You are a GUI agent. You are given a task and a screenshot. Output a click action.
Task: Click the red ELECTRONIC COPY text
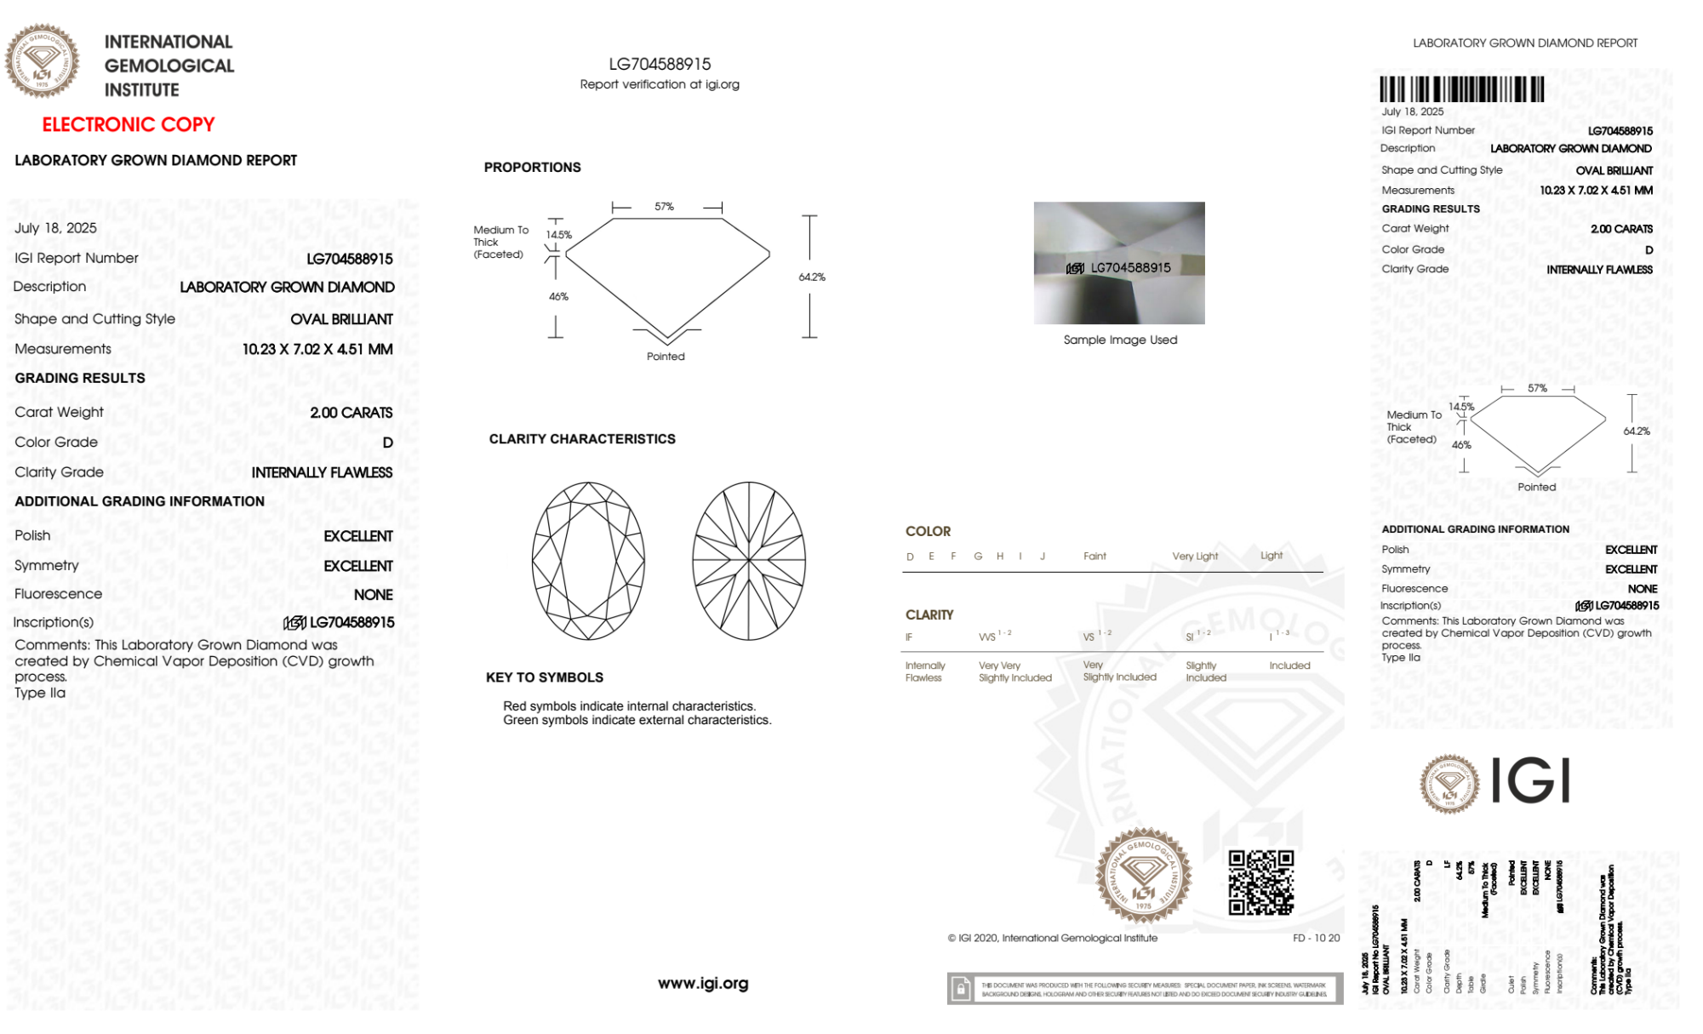tap(129, 125)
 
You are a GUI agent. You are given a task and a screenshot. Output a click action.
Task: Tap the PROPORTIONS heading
tap(532, 168)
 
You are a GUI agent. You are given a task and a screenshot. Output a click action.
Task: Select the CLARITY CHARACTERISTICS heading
tap(582, 439)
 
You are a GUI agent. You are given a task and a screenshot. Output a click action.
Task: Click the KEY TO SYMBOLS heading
tap(545, 677)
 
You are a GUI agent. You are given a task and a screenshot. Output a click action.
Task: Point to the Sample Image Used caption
tap(1120, 340)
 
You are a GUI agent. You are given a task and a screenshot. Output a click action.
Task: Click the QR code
tap(1260, 883)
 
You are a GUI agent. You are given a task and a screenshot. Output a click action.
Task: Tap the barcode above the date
tap(1461, 89)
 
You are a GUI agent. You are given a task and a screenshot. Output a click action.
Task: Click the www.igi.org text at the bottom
tap(703, 984)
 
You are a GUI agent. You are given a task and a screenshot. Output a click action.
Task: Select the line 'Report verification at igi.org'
tap(660, 84)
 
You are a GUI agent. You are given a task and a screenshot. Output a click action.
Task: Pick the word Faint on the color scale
tap(1094, 557)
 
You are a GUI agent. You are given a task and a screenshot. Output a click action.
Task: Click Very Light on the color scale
tap(1195, 557)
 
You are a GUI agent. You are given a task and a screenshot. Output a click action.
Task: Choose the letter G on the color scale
tap(978, 557)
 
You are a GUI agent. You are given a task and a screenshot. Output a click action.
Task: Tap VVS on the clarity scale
tap(987, 637)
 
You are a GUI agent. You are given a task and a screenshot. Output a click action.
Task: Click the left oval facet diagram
tap(588, 561)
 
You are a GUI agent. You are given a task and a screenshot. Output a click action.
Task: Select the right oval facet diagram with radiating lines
tap(749, 561)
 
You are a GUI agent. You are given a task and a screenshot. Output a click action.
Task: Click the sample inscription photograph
tap(1119, 263)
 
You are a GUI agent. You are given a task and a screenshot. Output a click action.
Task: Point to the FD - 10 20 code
tap(1316, 938)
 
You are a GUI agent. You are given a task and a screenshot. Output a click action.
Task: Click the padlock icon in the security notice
tap(961, 989)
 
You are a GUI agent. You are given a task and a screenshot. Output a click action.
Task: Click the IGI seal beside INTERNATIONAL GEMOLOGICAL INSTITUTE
tap(43, 61)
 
